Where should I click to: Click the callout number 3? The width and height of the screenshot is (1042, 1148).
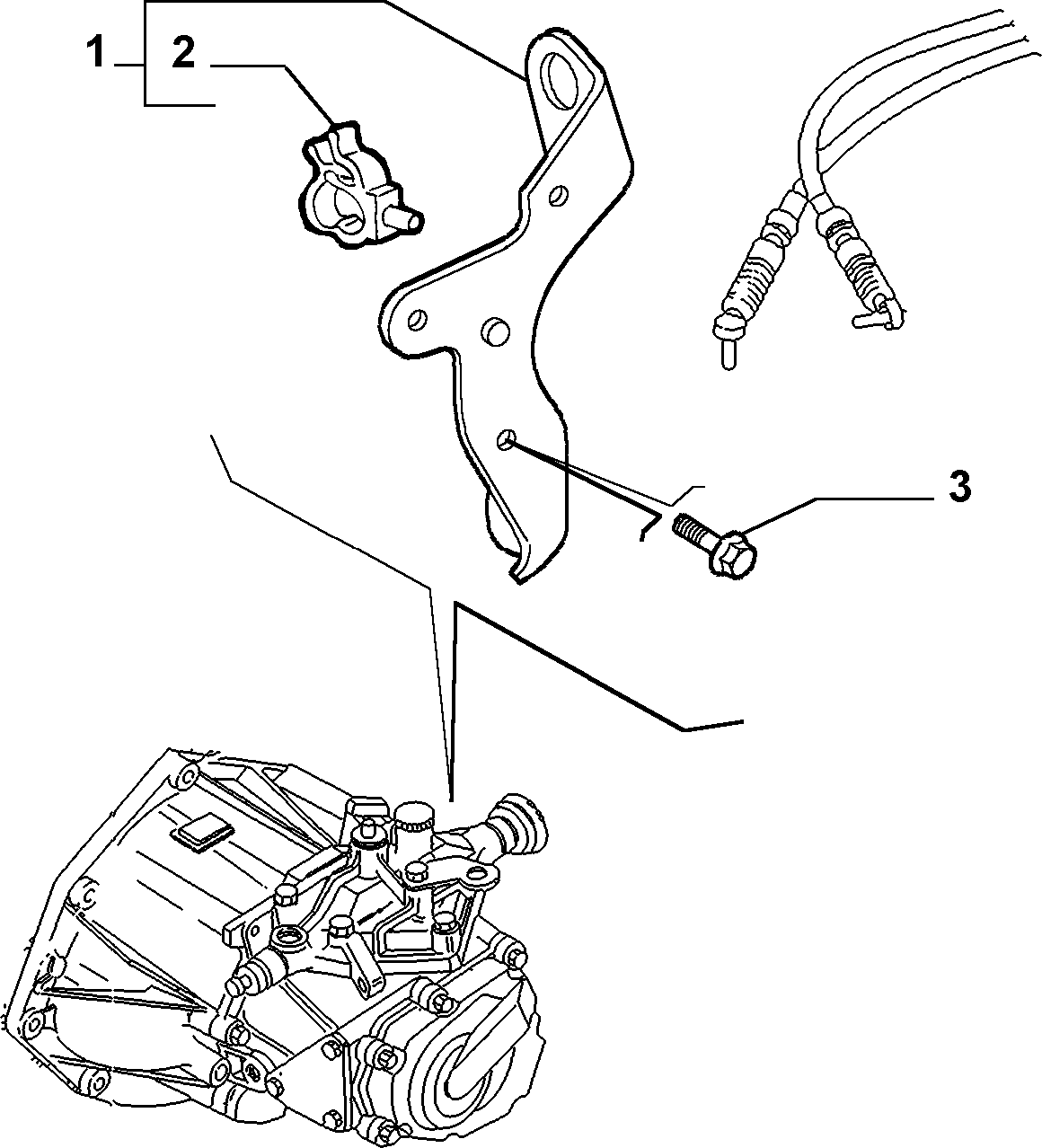tap(959, 486)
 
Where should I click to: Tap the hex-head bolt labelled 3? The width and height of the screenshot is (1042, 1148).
tap(716, 538)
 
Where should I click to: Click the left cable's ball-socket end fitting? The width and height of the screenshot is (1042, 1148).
tap(729, 338)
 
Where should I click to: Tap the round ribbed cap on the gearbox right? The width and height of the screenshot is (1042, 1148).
tap(522, 821)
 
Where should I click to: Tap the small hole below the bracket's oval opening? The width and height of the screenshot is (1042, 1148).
tap(557, 195)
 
